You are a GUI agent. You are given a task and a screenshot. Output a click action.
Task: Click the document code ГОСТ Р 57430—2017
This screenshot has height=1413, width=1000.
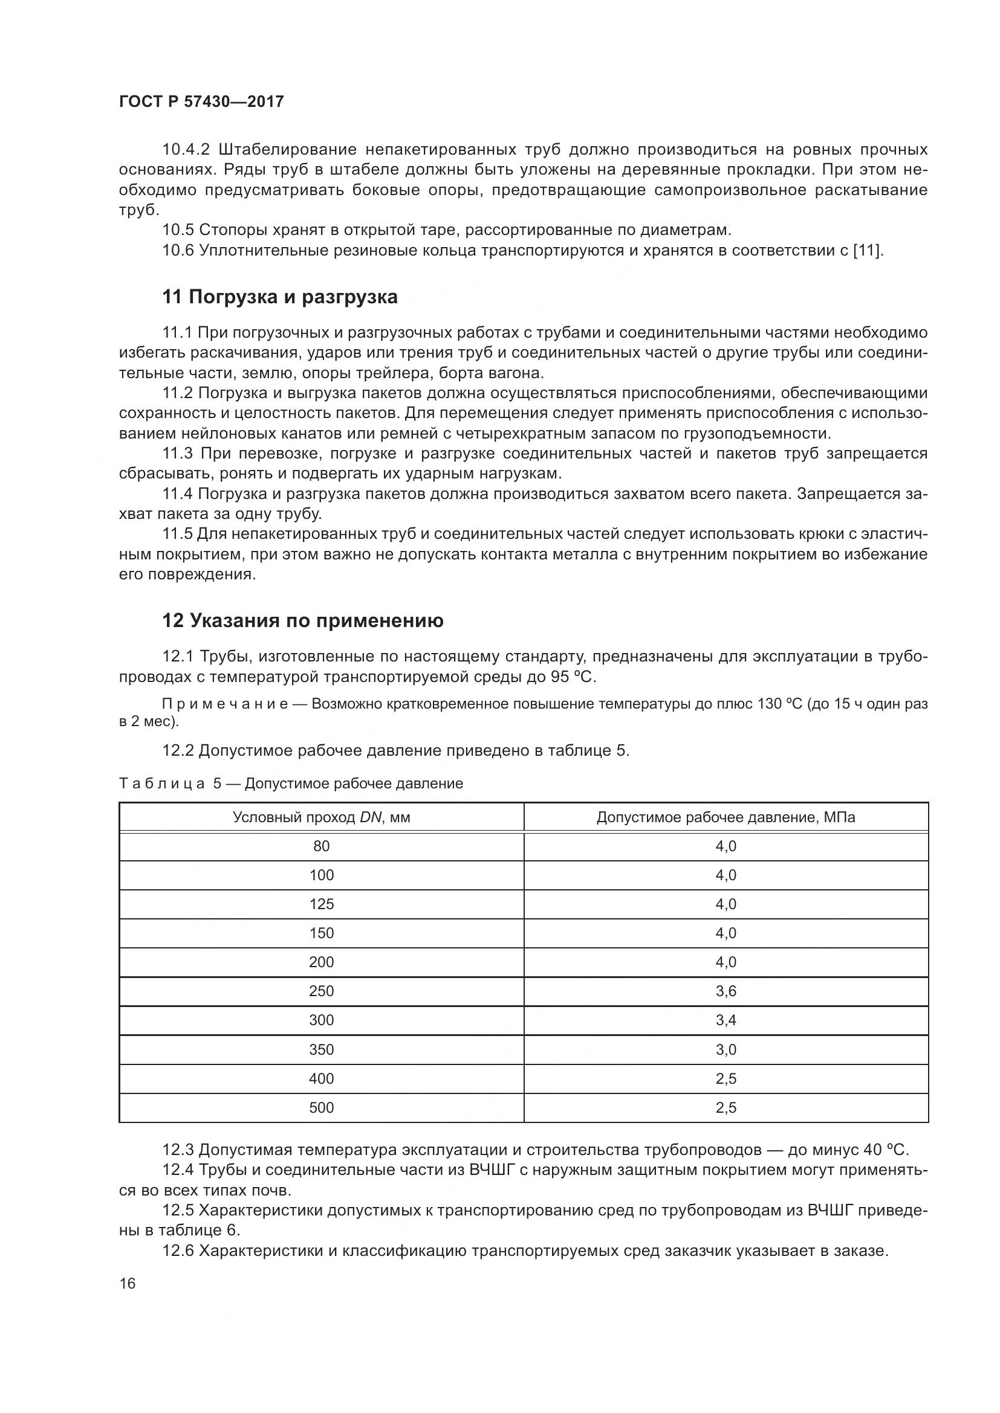pos(201,102)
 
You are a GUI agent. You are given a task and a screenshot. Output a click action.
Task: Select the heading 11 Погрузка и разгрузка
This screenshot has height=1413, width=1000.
pos(279,297)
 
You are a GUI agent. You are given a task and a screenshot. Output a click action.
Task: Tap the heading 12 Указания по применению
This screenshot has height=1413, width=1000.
pos(302,621)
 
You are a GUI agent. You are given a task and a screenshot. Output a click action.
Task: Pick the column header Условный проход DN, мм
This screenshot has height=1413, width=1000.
pos(322,817)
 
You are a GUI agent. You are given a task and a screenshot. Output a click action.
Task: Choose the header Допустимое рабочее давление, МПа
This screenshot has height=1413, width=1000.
pos(726,817)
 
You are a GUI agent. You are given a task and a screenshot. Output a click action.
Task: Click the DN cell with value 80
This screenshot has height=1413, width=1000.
pos(322,846)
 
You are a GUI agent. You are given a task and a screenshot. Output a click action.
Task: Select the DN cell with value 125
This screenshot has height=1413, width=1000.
pos(322,904)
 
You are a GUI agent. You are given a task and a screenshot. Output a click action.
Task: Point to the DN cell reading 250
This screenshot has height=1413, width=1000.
pos(322,991)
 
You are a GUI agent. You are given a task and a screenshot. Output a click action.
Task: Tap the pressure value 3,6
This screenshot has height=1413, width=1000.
pos(726,991)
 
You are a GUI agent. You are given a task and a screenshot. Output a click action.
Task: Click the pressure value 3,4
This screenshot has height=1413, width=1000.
pos(726,1020)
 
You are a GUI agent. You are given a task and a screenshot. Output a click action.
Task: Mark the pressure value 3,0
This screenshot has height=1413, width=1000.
pos(726,1049)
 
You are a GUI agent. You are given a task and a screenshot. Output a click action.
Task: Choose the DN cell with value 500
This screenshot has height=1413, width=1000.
pos(322,1108)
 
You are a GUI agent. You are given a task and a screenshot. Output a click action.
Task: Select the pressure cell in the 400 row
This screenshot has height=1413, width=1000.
pos(726,1079)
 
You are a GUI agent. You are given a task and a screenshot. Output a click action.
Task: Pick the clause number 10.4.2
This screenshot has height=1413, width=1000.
pos(186,150)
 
